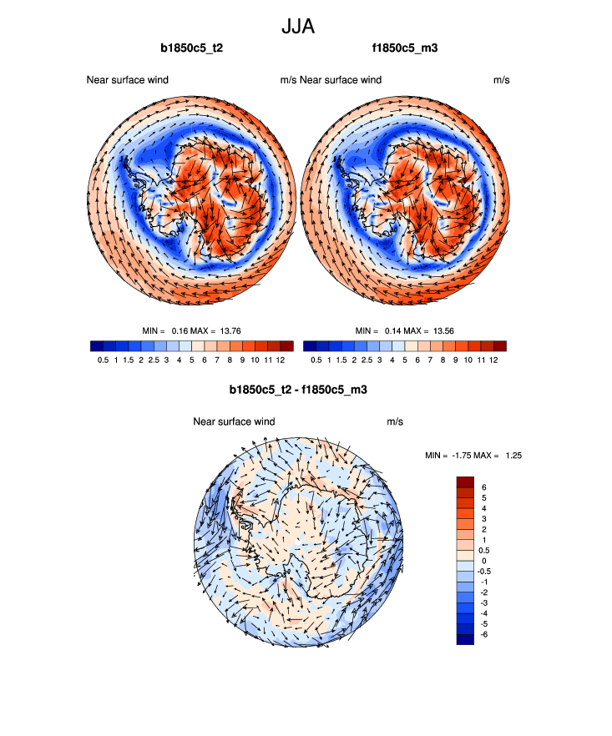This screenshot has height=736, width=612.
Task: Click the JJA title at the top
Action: tap(298, 27)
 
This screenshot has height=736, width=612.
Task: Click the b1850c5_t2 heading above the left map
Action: tap(191, 48)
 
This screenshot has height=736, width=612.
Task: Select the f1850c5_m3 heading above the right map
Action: tap(405, 48)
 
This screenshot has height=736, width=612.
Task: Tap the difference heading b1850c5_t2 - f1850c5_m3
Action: tap(298, 390)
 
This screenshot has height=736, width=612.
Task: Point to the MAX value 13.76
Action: tap(229, 331)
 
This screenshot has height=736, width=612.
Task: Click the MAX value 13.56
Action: tap(443, 331)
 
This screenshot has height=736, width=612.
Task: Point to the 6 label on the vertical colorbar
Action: tap(483, 486)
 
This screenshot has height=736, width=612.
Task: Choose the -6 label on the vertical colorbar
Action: tap(485, 634)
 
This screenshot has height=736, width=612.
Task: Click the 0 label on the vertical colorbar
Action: tap(483, 561)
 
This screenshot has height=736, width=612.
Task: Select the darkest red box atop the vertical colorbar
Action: tap(465, 481)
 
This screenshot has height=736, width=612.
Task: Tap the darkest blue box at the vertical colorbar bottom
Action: tap(465, 638)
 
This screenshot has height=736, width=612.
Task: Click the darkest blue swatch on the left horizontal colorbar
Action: tap(97, 345)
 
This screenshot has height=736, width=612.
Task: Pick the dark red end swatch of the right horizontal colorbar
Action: tap(500, 345)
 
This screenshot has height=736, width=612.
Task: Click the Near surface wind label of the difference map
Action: tap(234, 421)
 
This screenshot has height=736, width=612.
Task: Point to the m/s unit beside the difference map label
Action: tap(395, 421)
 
